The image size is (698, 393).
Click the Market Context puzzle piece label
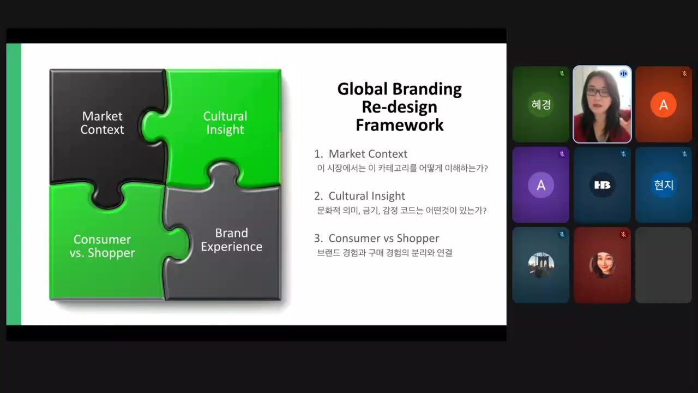[x=102, y=123]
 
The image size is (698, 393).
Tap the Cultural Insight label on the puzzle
[x=225, y=123]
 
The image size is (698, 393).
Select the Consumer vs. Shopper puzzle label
[x=102, y=246]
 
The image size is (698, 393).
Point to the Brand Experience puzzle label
[x=231, y=240]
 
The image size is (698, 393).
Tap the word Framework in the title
[x=400, y=125]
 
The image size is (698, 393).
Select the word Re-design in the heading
[x=400, y=108]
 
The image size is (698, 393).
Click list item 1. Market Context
[x=360, y=154]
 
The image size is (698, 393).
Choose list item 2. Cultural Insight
[x=359, y=196]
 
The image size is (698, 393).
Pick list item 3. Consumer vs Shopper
[x=376, y=239]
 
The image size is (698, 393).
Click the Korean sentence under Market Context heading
[x=402, y=169]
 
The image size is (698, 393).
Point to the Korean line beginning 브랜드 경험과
[x=384, y=253]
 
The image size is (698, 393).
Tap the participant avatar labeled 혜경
[x=541, y=104]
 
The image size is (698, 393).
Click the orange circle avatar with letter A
[x=664, y=104]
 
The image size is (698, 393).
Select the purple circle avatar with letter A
[x=541, y=185]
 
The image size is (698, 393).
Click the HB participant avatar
[x=602, y=185]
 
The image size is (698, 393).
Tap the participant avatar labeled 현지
[x=664, y=185]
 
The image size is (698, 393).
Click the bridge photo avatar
[x=541, y=265]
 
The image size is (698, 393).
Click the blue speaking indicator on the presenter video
[x=623, y=74]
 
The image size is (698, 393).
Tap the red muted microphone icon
[x=623, y=235]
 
